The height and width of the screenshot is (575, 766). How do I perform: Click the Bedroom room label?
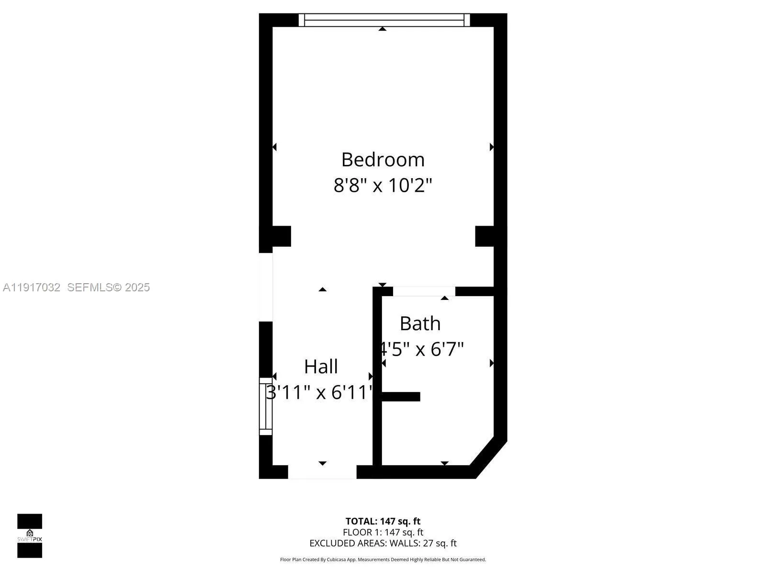(x=383, y=160)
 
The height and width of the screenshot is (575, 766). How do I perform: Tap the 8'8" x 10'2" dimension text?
(x=383, y=185)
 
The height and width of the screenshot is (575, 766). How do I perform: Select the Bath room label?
(x=420, y=323)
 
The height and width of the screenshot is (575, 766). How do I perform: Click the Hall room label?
(x=321, y=367)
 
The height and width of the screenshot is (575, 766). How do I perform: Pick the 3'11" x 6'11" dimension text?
(x=319, y=392)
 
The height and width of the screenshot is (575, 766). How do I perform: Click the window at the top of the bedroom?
(x=384, y=20)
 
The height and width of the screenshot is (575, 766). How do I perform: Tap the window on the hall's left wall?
(x=266, y=406)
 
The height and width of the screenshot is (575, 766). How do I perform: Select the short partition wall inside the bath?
(x=401, y=396)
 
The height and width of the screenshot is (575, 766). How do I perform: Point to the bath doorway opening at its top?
(x=424, y=291)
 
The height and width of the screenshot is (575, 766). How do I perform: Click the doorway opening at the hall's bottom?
(x=322, y=472)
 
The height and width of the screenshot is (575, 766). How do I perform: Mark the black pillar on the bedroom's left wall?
(x=275, y=236)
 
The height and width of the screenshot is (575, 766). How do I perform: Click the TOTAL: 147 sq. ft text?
(x=383, y=521)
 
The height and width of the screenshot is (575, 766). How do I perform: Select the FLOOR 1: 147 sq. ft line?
(x=383, y=532)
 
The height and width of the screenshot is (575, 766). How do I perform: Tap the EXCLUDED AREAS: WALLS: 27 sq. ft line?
(x=383, y=543)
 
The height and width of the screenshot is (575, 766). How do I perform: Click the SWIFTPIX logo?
(x=30, y=536)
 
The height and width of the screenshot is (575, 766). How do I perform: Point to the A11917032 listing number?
(x=32, y=287)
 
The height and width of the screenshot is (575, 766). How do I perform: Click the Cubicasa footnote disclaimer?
(x=383, y=559)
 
